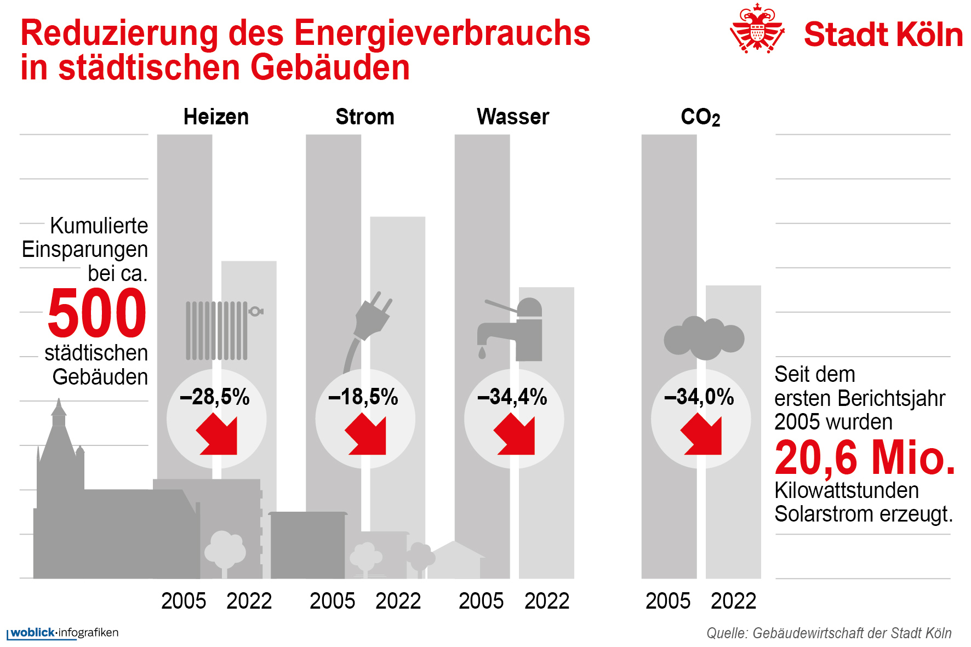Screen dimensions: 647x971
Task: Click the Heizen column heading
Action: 216,117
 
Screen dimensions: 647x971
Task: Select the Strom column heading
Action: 365,117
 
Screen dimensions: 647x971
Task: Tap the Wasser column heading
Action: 513,117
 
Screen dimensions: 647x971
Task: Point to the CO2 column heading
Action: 700,117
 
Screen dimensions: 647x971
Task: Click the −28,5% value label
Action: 215,397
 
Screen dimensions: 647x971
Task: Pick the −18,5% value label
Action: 363,397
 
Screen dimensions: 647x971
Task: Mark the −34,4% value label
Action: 512,397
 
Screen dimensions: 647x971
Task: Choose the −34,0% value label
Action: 699,397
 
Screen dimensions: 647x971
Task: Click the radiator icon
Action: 219,330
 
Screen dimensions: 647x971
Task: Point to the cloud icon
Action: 704,337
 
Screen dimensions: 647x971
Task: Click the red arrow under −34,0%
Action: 702,435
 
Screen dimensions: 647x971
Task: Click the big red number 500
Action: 97,313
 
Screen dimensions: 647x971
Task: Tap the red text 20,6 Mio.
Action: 865,458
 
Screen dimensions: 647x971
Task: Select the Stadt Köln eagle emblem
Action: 757,28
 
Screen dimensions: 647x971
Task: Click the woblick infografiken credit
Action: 64,633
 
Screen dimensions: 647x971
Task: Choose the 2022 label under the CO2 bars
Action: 733,601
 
